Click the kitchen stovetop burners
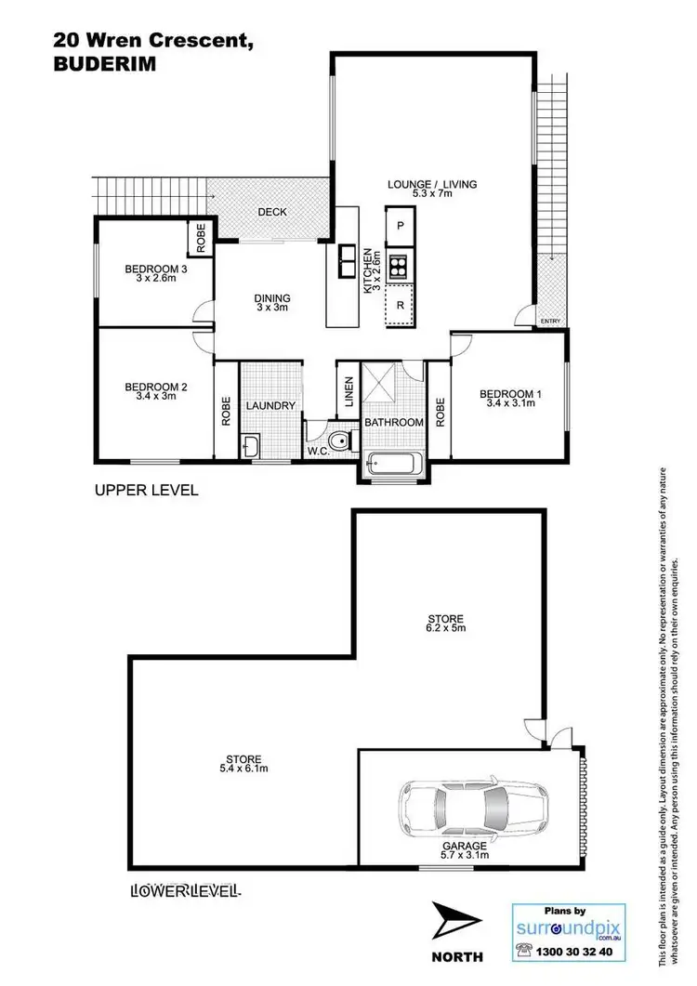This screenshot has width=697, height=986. click(x=401, y=267)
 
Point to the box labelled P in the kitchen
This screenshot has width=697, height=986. click(x=401, y=226)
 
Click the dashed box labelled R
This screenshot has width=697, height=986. click(x=401, y=305)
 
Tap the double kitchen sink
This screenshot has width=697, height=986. click(x=348, y=260)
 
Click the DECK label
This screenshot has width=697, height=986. click(x=272, y=212)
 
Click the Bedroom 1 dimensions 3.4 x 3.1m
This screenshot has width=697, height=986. click(x=510, y=405)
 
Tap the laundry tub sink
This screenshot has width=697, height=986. click(x=253, y=448)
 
